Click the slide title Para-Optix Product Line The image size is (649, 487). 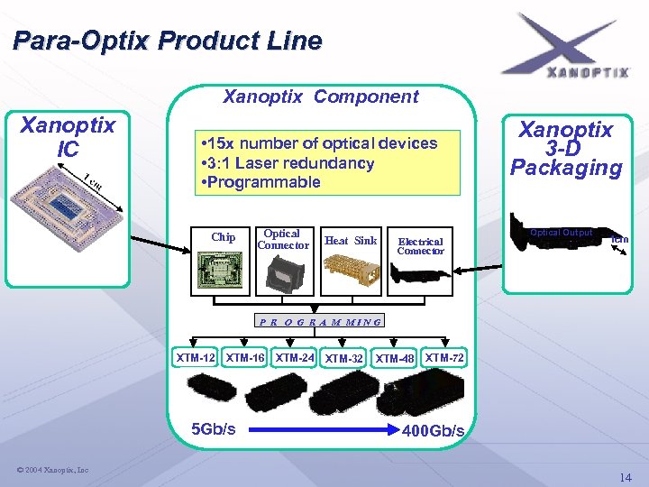click(x=168, y=41)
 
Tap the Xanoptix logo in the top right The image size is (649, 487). click(x=567, y=46)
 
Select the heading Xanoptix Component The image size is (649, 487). click(x=320, y=96)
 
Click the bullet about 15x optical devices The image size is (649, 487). click(x=321, y=143)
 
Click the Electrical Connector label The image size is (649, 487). click(x=420, y=245)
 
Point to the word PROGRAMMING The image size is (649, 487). click(x=320, y=320)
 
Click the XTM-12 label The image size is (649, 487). click(x=196, y=358)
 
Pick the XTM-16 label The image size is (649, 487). click(x=245, y=358)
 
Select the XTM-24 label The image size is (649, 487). click(x=295, y=358)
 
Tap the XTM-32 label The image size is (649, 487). click(x=344, y=359)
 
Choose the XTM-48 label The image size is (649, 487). click(x=395, y=359)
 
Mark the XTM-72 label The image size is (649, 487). click(x=444, y=358)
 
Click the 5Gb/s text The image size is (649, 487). click(x=215, y=428)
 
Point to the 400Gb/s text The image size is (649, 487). click(x=434, y=431)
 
